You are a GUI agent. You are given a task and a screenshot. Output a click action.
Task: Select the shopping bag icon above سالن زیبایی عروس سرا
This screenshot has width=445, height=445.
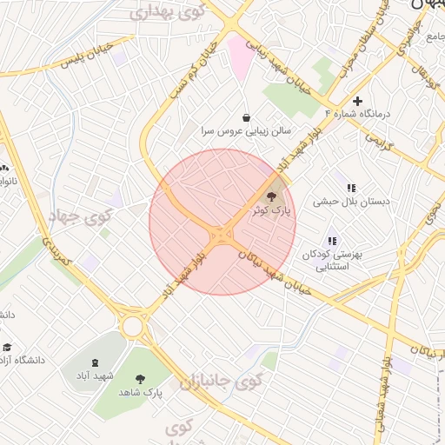[246, 117]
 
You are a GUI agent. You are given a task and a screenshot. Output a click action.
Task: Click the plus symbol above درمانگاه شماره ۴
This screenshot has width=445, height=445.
[357, 101]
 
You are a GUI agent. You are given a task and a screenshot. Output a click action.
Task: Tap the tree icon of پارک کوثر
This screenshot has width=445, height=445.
[272, 196]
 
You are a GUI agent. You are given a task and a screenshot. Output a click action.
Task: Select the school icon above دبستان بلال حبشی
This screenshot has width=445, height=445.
[351, 188]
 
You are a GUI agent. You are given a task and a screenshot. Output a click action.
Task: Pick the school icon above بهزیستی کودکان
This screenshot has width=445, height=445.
[331, 241]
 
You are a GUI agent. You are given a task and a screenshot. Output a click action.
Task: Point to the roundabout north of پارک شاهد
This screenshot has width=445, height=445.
[133, 326]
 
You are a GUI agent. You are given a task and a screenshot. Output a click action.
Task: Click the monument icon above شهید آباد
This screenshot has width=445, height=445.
[95, 362]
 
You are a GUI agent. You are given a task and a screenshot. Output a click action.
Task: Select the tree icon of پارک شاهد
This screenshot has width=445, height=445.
[140, 378]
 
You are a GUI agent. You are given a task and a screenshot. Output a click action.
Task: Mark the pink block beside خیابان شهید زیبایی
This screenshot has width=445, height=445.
[238, 57]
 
